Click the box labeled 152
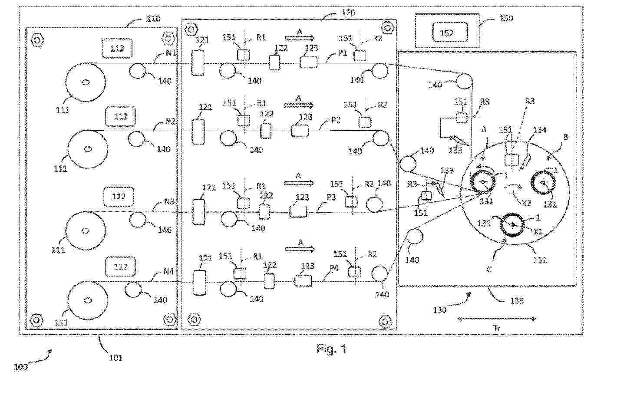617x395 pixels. click(x=447, y=32)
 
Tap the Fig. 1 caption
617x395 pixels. click(x=332, y=349)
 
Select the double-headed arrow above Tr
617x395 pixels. click(x=496, y=319)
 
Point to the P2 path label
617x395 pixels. click(x=336, y=120)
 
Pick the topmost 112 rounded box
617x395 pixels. click(x=117, y=48)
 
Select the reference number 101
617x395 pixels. click(x=115, y=358)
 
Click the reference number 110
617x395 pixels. click(x=152, y=19)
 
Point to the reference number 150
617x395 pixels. click(x=505, y=19)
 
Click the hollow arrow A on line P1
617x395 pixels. click(x=300, y=38)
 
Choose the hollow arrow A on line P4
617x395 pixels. click(x=300, y=249)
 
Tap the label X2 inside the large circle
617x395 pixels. click(x=526, y=202)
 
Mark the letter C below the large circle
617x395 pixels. click(x=488, y=270)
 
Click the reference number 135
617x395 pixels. click(x=516, y=300)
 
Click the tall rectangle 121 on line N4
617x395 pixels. click(x=199, y=283)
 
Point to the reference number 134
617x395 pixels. click(x=540, y=130)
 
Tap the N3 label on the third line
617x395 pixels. click(x=169, y=201)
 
